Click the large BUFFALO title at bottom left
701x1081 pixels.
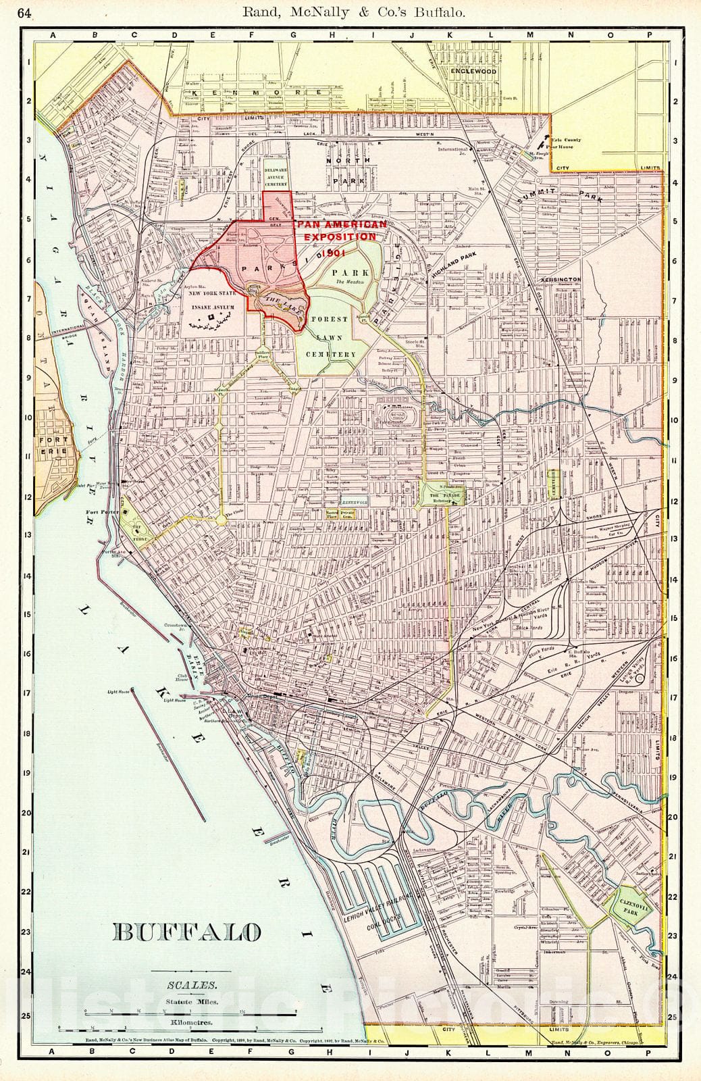click(x=188, y=932)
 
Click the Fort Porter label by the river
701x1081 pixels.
click(x=102, y=512)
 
